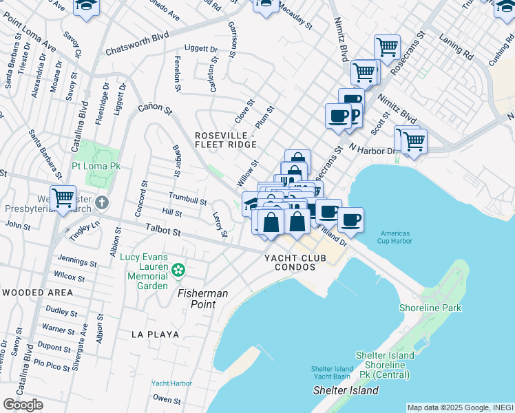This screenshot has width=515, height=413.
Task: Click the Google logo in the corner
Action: (x=23, y=405)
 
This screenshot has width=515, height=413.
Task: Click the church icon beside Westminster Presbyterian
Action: (x=102, y=202)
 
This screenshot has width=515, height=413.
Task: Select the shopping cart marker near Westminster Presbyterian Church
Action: (x=63, y=198)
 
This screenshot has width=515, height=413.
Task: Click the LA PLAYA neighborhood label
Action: (x=156, y=335)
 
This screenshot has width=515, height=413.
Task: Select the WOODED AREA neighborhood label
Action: (x=37, y=293)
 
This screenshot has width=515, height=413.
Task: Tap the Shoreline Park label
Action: (x=432, y=308)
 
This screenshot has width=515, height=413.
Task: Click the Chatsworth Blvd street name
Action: (x=138, y=45)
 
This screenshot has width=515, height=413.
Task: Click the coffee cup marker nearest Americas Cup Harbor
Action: (x=350, y=220)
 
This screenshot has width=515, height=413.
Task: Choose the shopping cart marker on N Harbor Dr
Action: (x=413, y=140)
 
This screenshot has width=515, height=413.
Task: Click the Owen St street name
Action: (x=167, y=399)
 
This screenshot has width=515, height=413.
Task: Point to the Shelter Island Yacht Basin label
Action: (x=332, y=372)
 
